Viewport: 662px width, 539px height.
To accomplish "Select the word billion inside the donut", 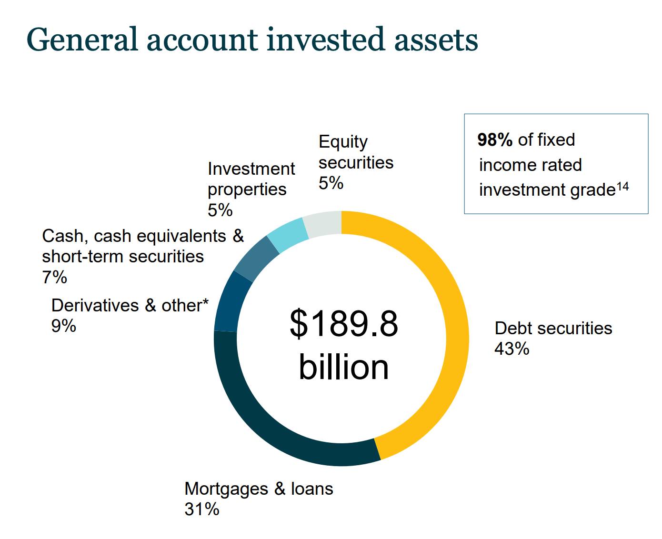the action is point(343,367).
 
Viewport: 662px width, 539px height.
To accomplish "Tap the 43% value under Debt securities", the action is point(512,348).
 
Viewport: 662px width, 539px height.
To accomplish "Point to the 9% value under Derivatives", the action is point(63,326).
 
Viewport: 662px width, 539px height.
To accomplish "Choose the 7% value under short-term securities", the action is point(54,277).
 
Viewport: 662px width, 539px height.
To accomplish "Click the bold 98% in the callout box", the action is point(495,140).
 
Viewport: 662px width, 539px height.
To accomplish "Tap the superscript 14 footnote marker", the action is point(622,187).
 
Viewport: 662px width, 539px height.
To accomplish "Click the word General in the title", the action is point(82,40).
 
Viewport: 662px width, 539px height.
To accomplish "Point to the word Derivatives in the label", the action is point(95,305).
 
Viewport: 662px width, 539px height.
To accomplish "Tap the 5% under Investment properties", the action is point(220,210).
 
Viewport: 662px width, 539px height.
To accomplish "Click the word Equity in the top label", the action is point(343,142).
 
